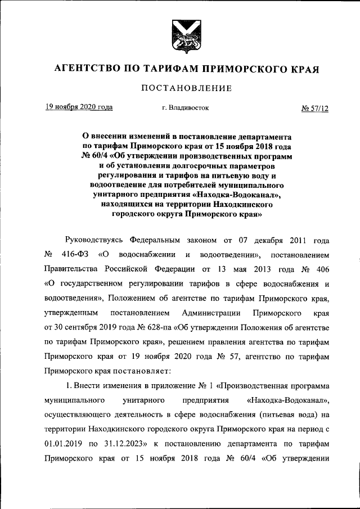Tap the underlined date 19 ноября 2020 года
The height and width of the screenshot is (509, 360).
(x=79, y=107)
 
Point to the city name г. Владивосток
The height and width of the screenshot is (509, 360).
(x=185, y=107)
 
